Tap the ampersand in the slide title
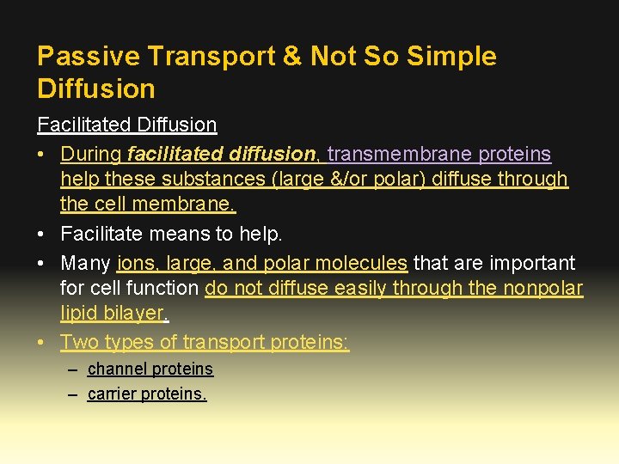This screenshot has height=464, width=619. click(291, 57)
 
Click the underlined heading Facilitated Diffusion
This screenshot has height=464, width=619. click(126, 125)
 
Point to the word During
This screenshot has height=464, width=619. click(90, 154)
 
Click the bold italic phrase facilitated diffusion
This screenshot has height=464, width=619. click(221, 154)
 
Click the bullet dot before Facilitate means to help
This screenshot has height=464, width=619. click(42, 234)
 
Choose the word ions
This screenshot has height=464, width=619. click(134, 263)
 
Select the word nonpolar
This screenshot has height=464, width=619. click(544, 288)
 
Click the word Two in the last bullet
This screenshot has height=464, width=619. click(79, 342)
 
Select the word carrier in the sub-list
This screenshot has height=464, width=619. click(113, 394)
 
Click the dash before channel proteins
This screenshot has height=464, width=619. click(72, 369)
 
